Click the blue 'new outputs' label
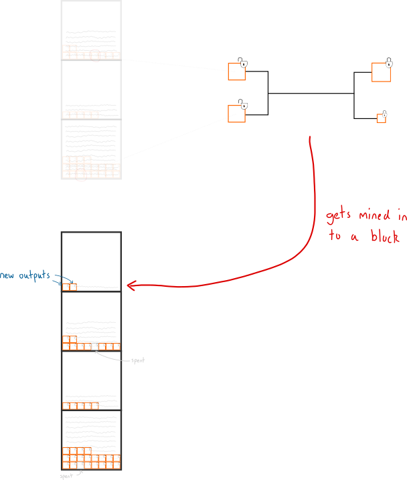click(25, 275)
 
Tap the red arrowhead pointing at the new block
click(131, 286)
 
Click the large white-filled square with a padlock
click(380, 72)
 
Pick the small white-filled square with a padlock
click(381, 118)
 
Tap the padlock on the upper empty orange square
click(244, 64)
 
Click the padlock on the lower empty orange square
click(244, 106)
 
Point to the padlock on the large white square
click(389, 64)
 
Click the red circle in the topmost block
click(96, 55)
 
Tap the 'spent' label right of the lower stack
click(138, 361)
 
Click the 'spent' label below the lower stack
click(66, 476)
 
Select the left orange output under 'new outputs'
click(66, 287)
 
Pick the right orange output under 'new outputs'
click(74, 287)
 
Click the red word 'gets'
click(339, 216)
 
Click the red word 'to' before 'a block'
click(334, 237)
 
